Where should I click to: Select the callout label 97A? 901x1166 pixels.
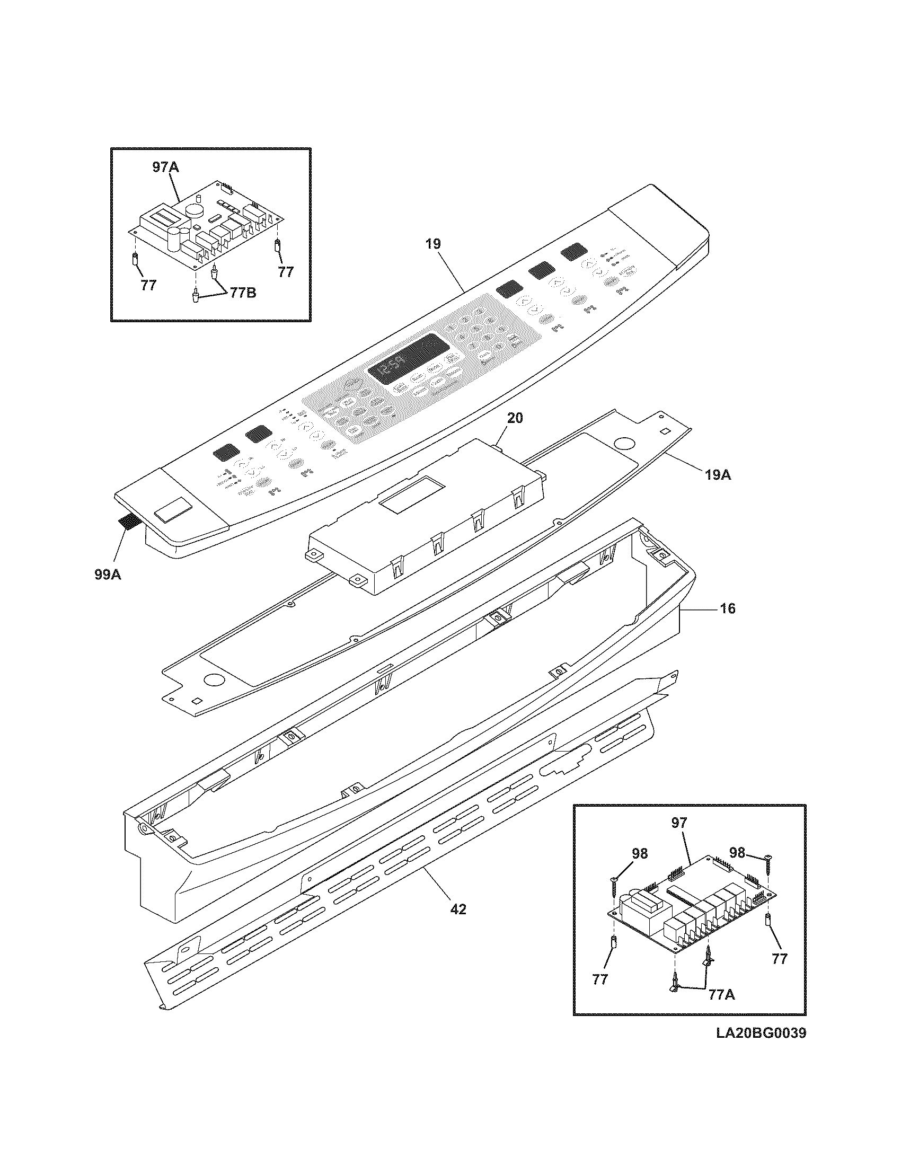[165, 167]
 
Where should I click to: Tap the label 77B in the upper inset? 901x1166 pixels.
[242, 293]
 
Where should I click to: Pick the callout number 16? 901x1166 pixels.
[727, 608]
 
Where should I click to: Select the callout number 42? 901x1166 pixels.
[458, 908]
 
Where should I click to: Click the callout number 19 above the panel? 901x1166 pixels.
[433, 244]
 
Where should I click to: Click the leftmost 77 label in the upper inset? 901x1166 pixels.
[148, 285]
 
